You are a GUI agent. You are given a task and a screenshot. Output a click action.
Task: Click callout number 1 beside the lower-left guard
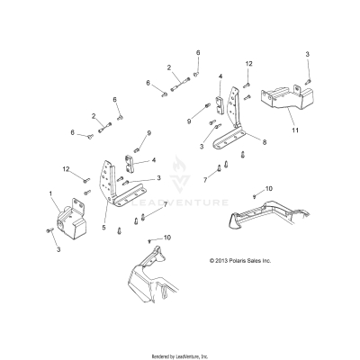point(50,194)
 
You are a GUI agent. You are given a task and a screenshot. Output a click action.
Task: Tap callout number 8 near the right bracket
point(263,142)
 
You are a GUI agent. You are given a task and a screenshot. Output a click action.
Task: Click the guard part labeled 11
point(282,103)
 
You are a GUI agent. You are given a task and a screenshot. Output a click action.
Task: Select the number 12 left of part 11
point(249,64)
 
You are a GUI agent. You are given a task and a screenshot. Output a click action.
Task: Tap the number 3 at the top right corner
point(308,57)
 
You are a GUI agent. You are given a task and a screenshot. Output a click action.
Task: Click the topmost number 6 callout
point(198,53)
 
